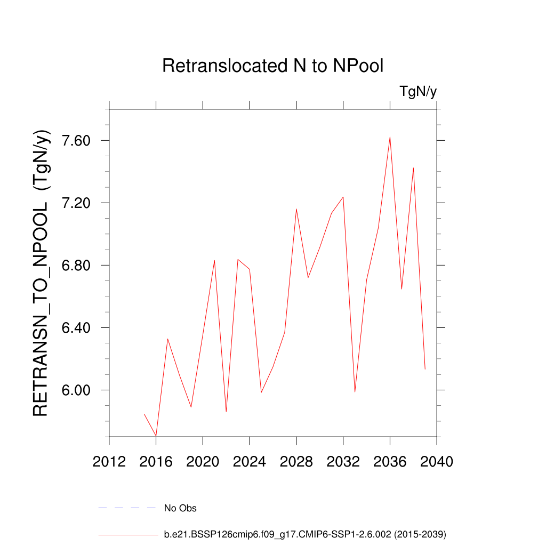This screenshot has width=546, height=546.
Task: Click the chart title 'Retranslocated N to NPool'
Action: [273, 66]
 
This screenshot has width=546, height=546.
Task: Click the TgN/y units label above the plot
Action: [418, 92]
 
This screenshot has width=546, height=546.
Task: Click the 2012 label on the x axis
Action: [109, 462]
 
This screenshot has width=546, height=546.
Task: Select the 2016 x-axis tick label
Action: [156, 462]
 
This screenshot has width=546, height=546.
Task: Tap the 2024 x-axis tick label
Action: [250, 462]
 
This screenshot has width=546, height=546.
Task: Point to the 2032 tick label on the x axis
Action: [343, 462]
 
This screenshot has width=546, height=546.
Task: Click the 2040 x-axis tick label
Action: [437, 462]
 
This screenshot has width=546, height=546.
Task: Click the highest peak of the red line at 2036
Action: [390, 137]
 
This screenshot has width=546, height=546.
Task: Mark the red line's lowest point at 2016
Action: [156, 436]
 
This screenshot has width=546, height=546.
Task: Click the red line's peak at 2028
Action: [296, 209]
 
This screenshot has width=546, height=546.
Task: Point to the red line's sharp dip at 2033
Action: [355, 392]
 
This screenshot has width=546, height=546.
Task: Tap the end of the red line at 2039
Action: [425, 369]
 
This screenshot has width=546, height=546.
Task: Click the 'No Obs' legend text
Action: [180, 508]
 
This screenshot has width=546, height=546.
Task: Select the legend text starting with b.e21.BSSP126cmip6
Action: [304, 534]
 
